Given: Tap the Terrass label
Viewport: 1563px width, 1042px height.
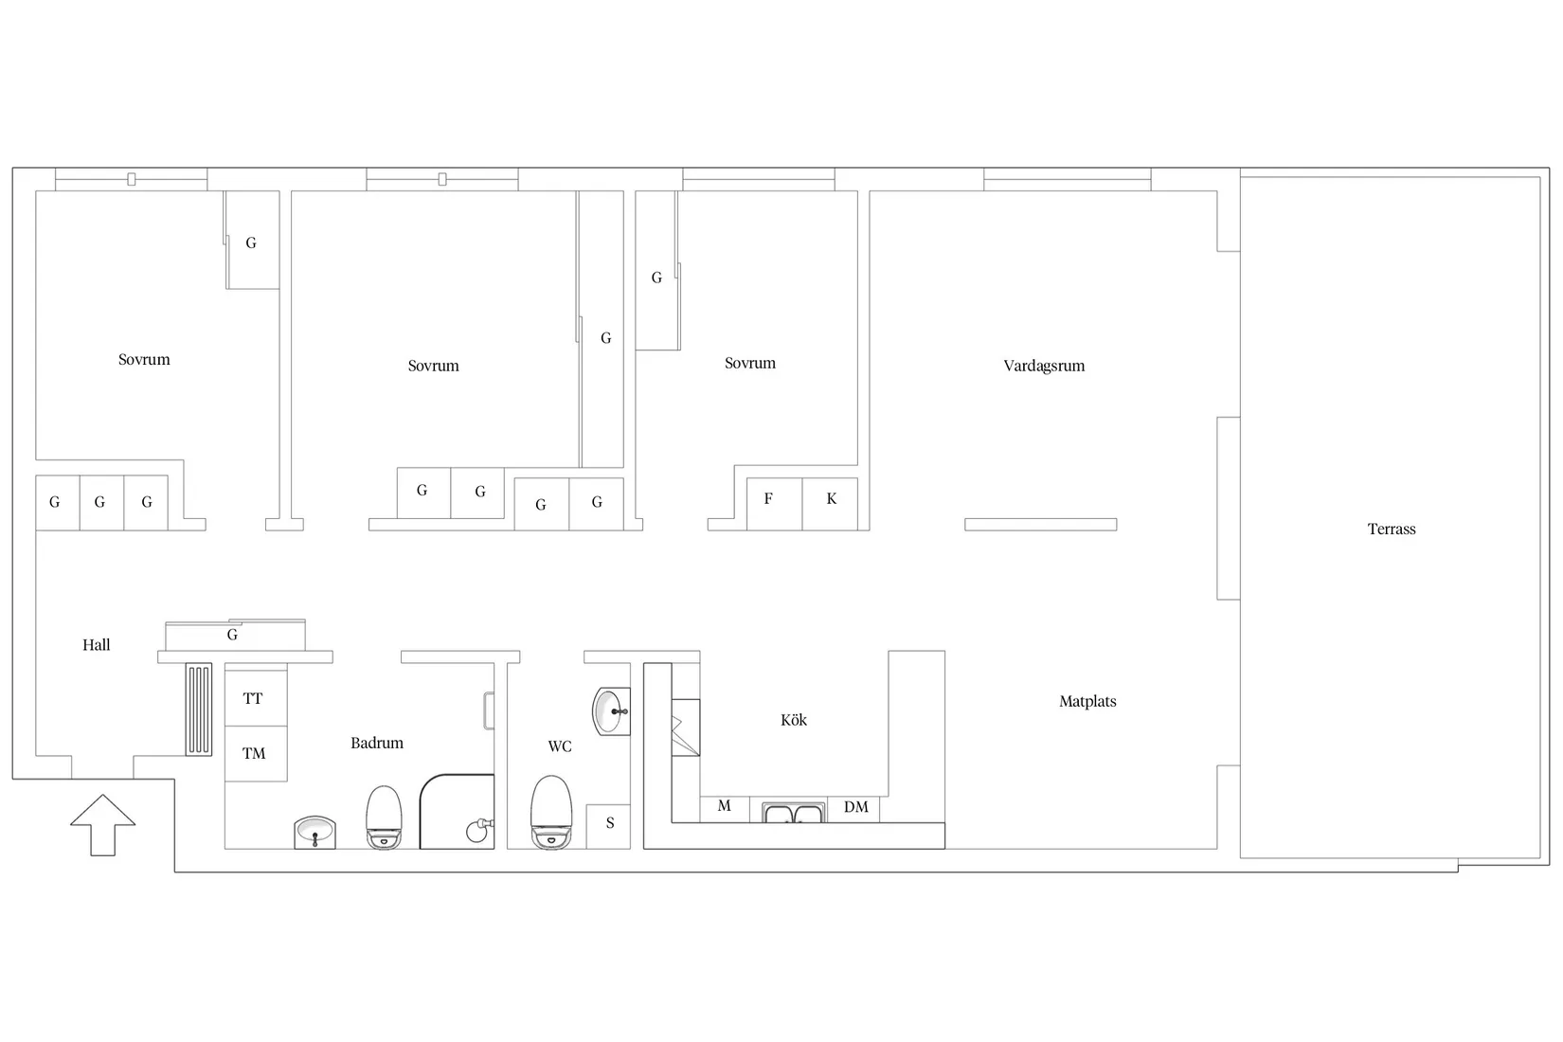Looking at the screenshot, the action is click(1392, 529).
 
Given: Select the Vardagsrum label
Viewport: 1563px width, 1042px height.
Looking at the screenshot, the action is click(1044, 366).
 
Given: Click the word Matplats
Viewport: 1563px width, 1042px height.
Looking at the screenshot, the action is click(1087, 701).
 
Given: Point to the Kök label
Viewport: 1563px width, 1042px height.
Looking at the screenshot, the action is click(794, 720).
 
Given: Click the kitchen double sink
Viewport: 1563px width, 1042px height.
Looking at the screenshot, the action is click(794, 813).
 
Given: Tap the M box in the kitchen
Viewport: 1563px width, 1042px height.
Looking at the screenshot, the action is click(725, 809).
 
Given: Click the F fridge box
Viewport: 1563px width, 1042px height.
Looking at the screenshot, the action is click(775, 504).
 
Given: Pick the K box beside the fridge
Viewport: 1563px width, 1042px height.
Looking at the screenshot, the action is click(830, 504).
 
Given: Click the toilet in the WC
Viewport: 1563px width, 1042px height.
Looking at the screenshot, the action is click(551, 813).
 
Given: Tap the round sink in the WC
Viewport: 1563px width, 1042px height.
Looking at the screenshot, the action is click(611, 712).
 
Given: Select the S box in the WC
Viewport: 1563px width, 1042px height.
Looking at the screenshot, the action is click(608, 826).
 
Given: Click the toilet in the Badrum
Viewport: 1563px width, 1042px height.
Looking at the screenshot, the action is click(384, 817).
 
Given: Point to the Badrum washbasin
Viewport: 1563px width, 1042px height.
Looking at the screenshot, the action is click(314, 833).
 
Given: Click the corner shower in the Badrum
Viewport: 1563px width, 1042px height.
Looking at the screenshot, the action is click(457, 812).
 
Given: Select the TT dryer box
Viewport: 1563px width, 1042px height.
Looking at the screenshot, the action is click(256, 698).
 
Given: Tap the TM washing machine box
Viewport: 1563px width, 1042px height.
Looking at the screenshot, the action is click(256, 754).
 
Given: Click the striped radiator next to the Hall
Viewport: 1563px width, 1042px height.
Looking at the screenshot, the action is click(199, 710).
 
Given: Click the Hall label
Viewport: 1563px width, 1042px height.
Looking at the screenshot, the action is click(97, 645).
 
